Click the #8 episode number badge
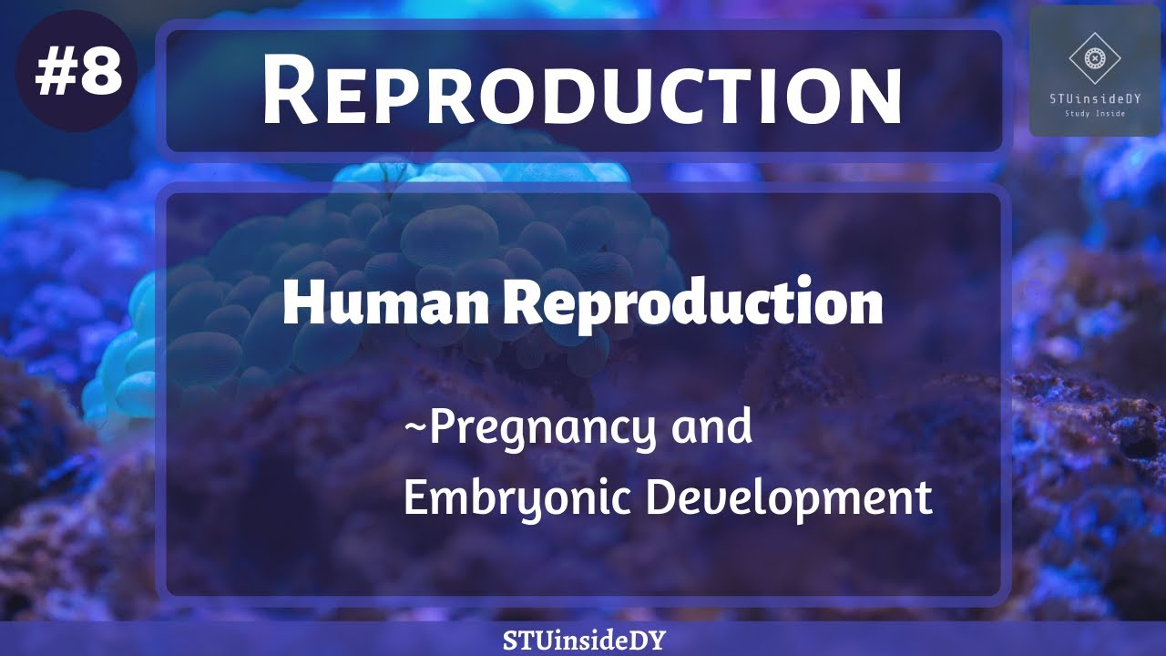(77, 73)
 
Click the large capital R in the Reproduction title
(291, 92)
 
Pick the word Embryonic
(516, 499)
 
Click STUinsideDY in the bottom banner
(584, 641)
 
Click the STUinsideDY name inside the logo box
(1094, 100)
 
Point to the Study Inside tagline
(1094, 115)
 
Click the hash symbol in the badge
(55, 74)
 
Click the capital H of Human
(301, 305)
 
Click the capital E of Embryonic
(415, 497)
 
